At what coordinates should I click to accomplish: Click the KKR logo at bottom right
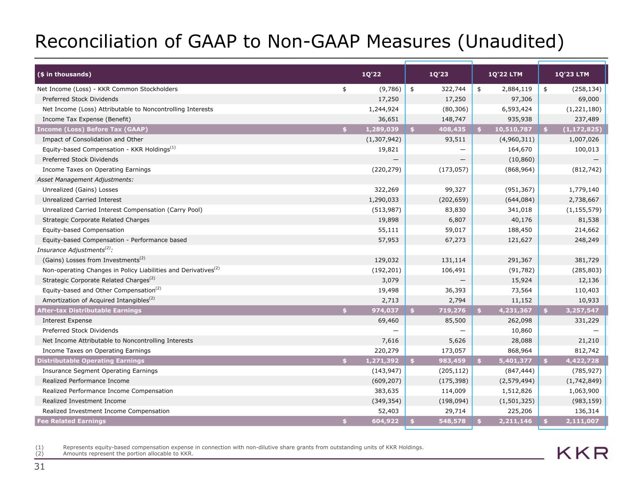point(583,453)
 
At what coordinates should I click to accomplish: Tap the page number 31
point(40,467)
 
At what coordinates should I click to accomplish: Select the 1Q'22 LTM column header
point(505,74)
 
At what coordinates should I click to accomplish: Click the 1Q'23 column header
point(439,74)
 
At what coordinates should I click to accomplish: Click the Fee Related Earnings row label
point(72,421)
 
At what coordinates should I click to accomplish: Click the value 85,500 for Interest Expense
point(456,321)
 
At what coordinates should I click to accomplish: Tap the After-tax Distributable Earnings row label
point(89,310)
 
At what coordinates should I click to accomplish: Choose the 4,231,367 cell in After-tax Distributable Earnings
point(515,310)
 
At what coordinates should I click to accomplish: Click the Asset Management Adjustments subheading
point(85,180)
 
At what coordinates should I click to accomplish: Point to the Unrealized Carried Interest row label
point(82,200)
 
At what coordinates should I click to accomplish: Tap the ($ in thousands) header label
point(65,74)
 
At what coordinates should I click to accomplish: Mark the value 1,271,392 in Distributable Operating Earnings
point(382,361)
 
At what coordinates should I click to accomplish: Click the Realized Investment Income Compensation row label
point(106,411)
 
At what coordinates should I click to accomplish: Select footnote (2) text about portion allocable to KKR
point(128,454)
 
